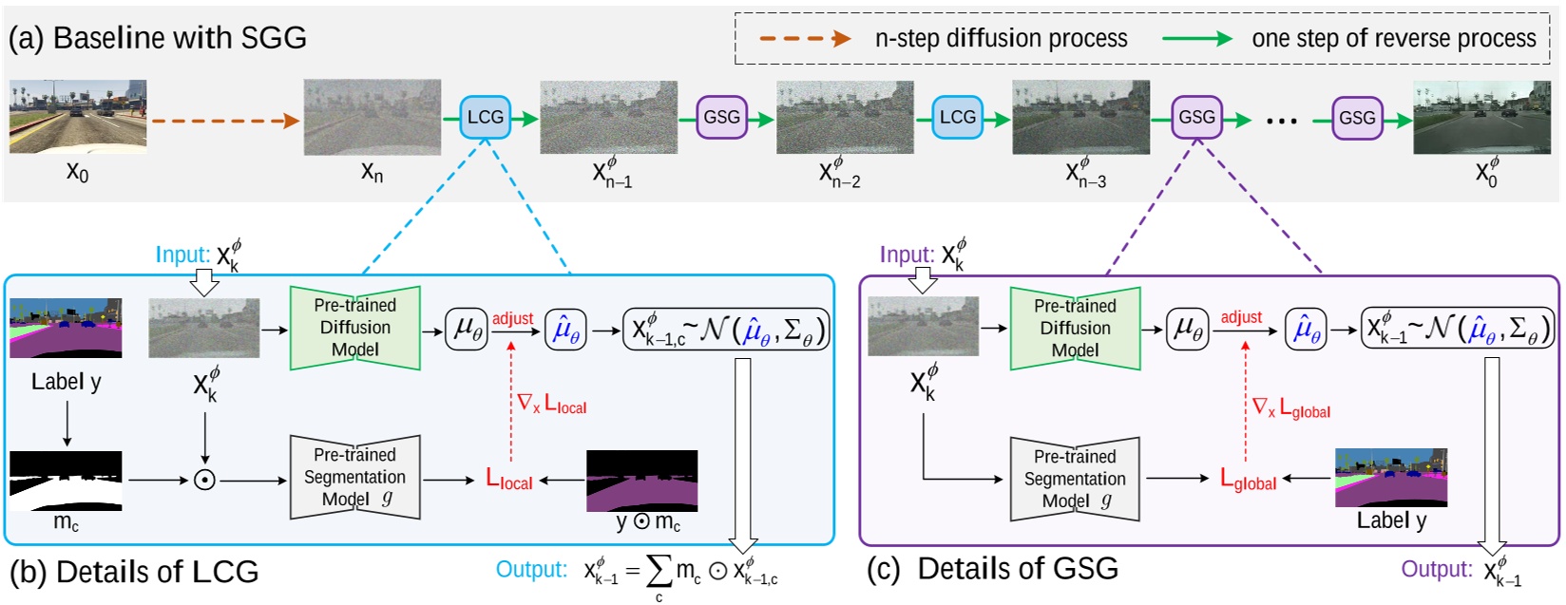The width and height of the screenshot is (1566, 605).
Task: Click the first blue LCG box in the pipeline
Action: pos(485,117)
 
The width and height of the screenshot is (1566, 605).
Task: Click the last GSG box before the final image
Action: pos(1356,118)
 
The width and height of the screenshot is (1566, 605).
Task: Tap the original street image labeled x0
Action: pos(78,117)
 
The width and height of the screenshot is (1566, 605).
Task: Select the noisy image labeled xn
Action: pos(372,117)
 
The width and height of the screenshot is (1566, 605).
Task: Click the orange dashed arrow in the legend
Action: pos(804,39)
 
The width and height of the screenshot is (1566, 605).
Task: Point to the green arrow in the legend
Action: pos(1197,39)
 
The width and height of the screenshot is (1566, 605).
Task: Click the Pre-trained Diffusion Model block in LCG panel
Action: pos(354,328)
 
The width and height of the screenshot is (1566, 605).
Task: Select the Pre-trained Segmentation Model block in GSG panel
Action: pos(1074,479)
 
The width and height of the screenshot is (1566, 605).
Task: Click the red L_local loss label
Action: pos(509,480)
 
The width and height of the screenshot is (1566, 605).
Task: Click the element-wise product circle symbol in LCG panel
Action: pos(204,480)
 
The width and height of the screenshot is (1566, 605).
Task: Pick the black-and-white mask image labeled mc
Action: pos(66,481)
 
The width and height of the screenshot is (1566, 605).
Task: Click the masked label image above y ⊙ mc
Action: pos(641,481)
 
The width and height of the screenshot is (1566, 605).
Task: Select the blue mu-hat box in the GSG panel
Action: pos(1306,329)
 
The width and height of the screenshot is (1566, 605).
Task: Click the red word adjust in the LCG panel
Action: pos(512,319)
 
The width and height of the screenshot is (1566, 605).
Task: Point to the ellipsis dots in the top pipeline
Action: pos(1282,120)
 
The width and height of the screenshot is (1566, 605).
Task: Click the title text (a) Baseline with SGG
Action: pos(158,38)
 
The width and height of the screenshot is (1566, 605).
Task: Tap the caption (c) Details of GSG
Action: pos(992,569)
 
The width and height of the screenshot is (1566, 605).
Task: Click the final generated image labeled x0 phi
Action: pos(1481,117)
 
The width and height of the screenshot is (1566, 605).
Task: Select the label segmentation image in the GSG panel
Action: pos(1391,478)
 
